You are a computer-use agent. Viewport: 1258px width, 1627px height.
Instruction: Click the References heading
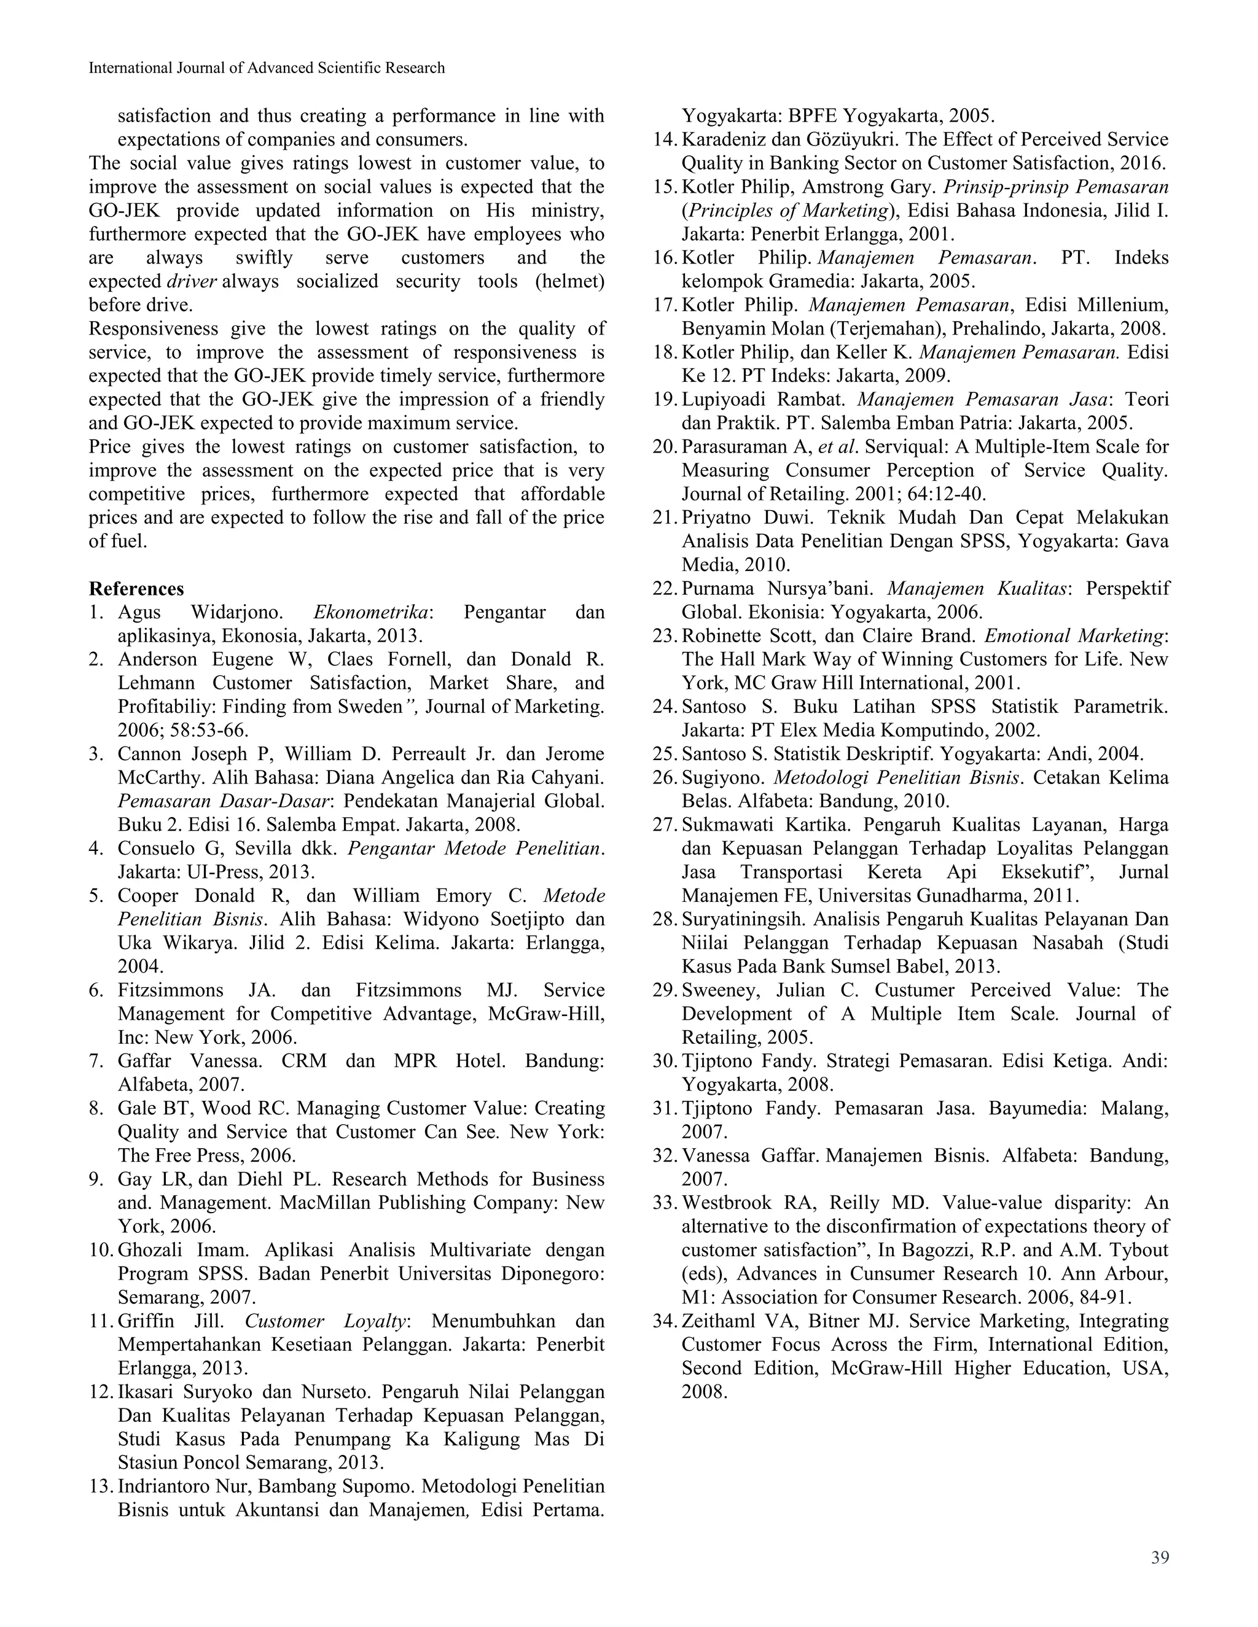tap(136, 589)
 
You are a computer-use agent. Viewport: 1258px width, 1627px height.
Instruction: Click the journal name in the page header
tap(267, 68)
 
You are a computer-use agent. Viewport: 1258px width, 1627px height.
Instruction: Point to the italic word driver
tap(192, 282)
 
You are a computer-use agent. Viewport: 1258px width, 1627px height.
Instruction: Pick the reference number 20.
tap(663, 447)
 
